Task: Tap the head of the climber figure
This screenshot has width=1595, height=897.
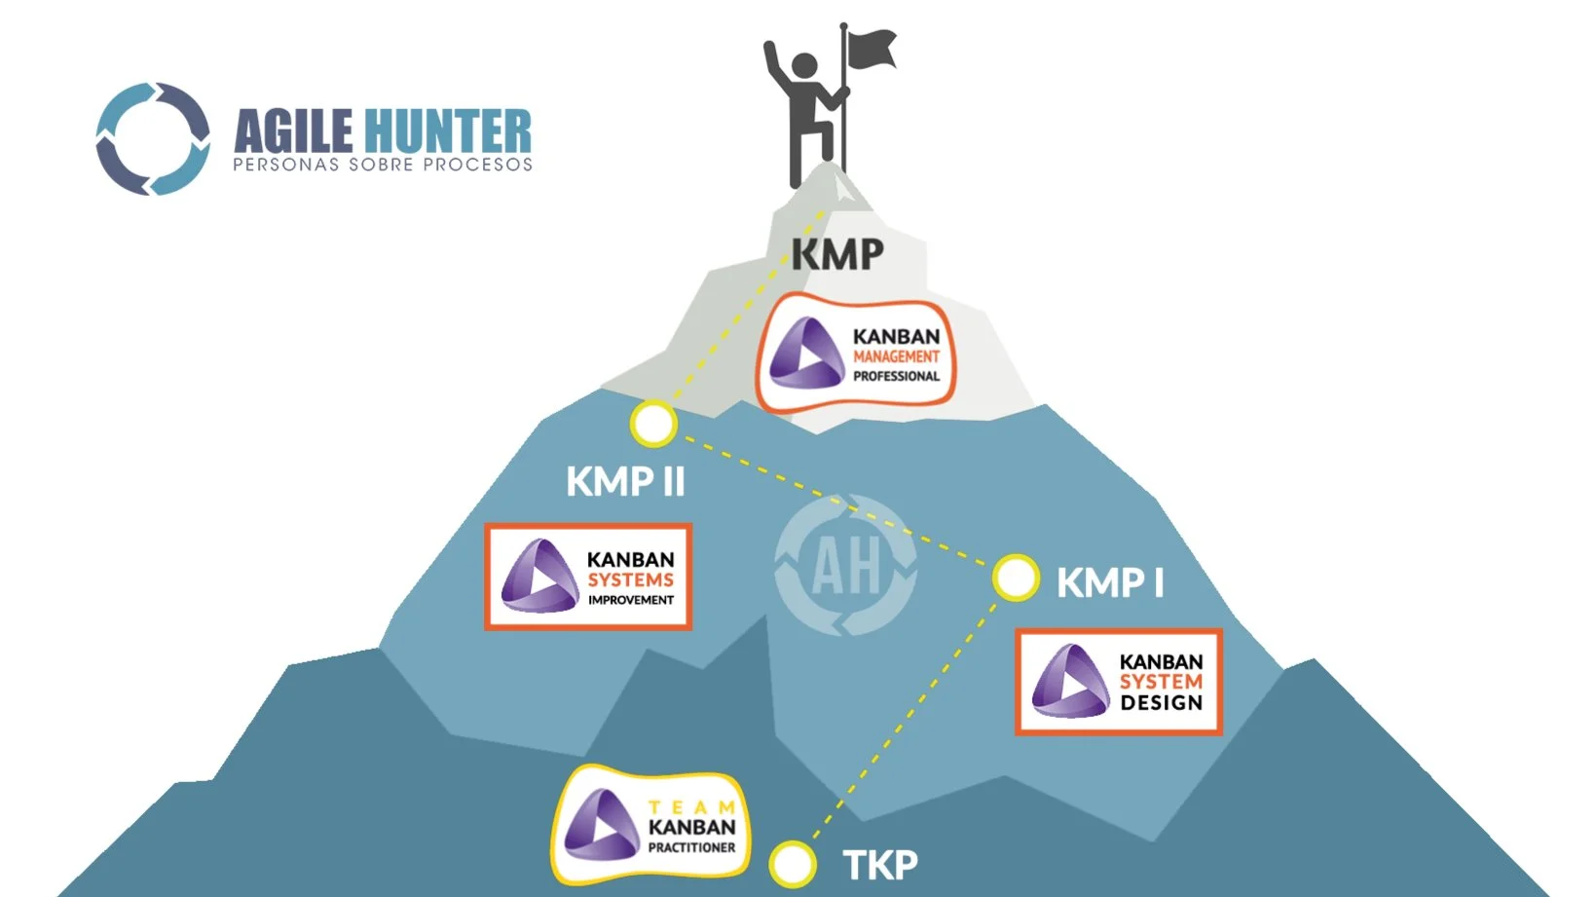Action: tap(804, 65)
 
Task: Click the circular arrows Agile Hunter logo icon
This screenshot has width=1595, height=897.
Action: tap(153, 139)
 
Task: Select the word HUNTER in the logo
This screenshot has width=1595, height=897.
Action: tap(447, 131)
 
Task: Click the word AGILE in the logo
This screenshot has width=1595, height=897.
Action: tap(293, 131)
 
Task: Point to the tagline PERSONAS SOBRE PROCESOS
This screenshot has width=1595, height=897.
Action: tap(383, 165)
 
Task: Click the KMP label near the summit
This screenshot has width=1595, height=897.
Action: tap(837, 254)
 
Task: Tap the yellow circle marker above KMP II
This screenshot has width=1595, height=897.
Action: tap(653, 424)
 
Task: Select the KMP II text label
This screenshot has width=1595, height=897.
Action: tap(626, 482)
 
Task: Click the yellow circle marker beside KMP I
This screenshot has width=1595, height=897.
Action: tap(1016, 578)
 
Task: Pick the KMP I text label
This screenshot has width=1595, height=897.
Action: tap(1110, 582)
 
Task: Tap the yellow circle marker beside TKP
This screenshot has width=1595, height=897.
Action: tap(792, 864)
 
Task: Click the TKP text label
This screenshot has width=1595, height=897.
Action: tap(880, 865)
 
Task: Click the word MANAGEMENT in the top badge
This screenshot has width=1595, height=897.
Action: tap(897, 356)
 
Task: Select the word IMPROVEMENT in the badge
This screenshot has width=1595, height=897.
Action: tap(631, 600)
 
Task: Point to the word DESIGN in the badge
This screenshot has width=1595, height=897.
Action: tap(1162, 702)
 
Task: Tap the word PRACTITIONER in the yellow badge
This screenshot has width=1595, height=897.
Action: tap(691, 847)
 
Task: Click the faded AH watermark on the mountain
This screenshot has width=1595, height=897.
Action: tap(846, 565)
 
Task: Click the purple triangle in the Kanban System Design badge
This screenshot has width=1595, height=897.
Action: tap(1070, 681)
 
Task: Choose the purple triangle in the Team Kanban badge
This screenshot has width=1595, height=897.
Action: tap(602, 825)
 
